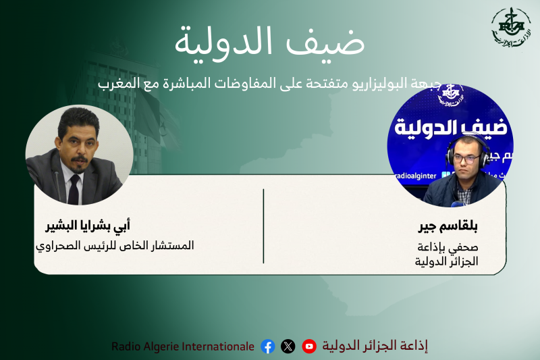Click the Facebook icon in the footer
click(268, 346)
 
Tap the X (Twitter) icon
click(288, 346)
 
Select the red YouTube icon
click(309, 346)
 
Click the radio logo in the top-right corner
click(510, 28)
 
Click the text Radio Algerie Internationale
click(183, 346)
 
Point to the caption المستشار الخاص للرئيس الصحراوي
click(115, 245)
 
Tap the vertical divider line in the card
click(263, 226)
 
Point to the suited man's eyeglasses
click(72, 133)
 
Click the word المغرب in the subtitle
click(116, 84)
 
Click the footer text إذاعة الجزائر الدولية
click(375, 346)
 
